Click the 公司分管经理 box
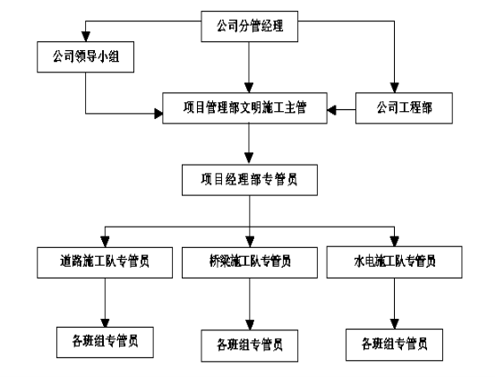coord(249,26)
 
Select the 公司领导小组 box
coord(85,56)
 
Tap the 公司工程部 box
coord(404,107)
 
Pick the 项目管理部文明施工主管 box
coord(244,107)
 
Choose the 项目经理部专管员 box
coord(250,180)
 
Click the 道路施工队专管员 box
coord(105,262)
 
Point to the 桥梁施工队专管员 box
coord(250,262)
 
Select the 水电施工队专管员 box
coord(394,262)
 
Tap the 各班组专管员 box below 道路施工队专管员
coord(105,342)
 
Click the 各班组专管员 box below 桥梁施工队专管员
coord(250,346)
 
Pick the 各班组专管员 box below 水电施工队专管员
coord(394,345)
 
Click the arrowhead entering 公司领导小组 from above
coord(86,37)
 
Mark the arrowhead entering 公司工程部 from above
coord(394,88)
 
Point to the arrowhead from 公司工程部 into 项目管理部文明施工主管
coord(332,110)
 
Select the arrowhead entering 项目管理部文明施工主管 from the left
coord(158,113)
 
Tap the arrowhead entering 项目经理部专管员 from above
coord(249,159)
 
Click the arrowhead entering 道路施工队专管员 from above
coord(105,242)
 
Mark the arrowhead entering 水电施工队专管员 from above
coord(394,242)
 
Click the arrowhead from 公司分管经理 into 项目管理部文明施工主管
coord(249,88)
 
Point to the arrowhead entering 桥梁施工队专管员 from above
coord(250,242)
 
